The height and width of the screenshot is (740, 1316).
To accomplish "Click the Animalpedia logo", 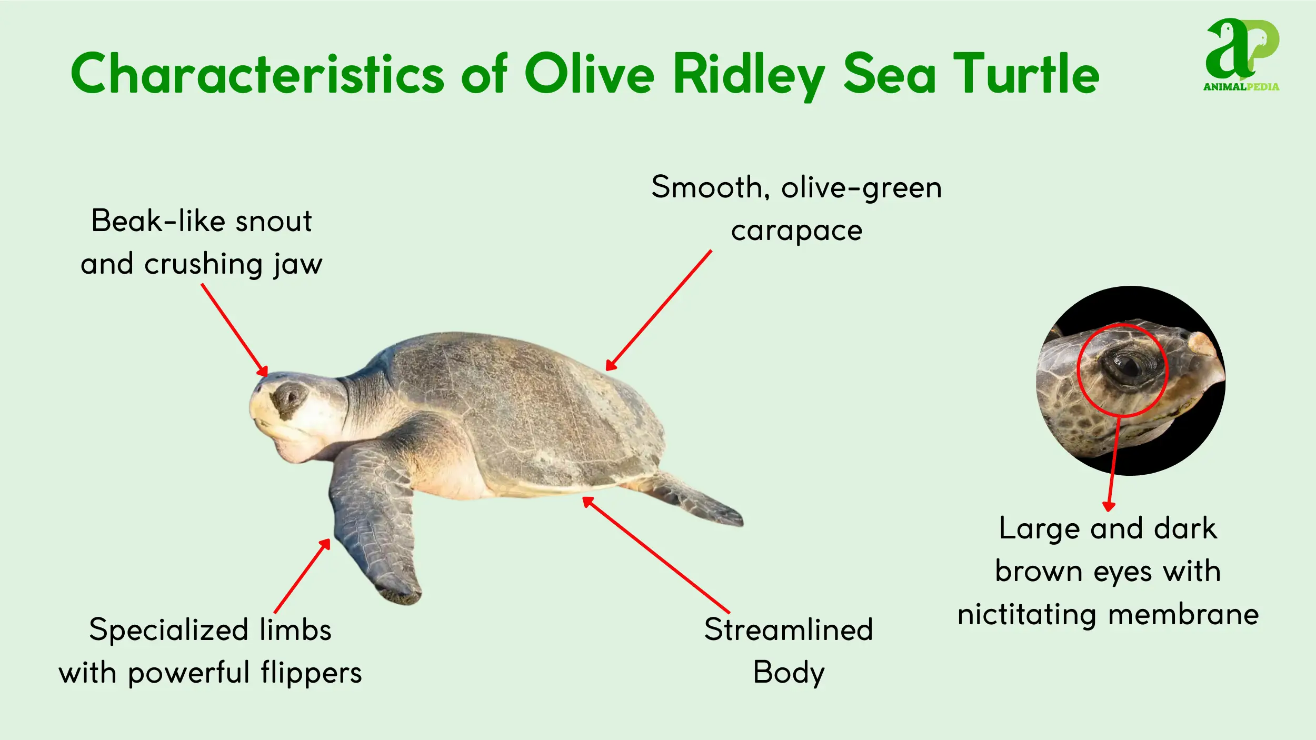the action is [1241, 55].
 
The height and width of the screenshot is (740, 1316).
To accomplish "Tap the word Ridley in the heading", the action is [749, 76].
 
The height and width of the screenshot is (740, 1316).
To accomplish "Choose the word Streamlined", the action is [789, 629].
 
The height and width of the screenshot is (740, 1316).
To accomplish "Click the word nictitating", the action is [1026, 615].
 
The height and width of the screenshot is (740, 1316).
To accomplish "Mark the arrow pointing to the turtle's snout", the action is [235, 331].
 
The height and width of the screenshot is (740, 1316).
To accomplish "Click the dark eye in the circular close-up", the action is [1126, 365].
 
